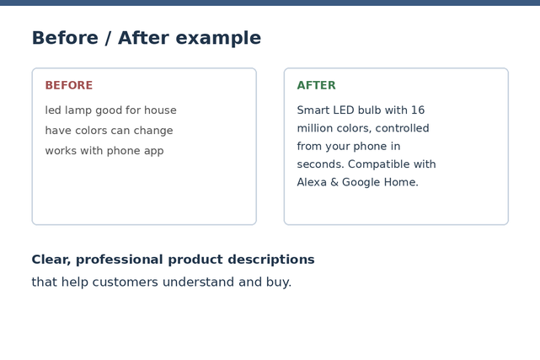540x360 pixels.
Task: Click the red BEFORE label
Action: [x=69, y=85]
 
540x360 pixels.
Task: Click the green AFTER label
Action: [x=316, y=85]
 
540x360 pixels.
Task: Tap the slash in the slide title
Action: [x=108, y=38]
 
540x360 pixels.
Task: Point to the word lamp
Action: [x=78, y=110]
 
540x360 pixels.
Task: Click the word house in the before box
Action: [x=160, y=110]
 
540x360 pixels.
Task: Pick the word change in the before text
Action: [x=153, y=131]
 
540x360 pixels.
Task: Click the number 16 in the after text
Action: [x=418, y=110]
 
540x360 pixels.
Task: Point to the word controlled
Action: [x=402, y=128]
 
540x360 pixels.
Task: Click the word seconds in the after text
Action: [x=320, y=164]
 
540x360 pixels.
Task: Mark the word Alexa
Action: [x=312, y=182]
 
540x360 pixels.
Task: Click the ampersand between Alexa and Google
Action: [x=334, y=182]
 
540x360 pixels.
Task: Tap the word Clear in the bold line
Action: [x=51, y=260]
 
